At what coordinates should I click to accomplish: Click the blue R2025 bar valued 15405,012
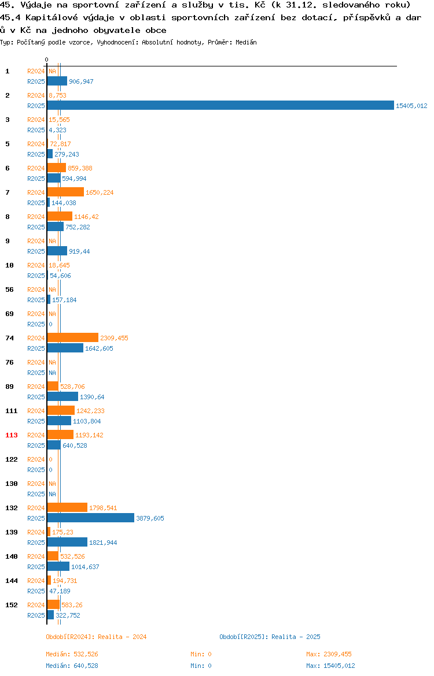point(220,106)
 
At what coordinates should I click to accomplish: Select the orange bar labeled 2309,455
point(72,337)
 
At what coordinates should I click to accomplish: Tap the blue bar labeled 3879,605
point(91,518)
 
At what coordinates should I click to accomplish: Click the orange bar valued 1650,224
point(65,192)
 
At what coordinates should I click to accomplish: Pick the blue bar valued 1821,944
point(67,542)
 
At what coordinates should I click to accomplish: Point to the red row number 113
point(11,435)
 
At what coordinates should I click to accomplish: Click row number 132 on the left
point(11,508)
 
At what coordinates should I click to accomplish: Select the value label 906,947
point(81,81)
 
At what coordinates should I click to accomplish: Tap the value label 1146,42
point(86,217)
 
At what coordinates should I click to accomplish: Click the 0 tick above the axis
point(47,60)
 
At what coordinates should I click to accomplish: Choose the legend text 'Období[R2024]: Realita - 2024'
point(96,637)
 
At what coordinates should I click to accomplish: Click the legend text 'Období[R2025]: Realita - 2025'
point(270,637)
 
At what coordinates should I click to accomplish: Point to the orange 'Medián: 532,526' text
point(72,654)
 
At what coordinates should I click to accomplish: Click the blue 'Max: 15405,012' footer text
point(331,666)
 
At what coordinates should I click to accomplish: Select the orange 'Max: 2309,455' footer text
point(329,654)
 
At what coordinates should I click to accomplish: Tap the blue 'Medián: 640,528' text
point(72,666)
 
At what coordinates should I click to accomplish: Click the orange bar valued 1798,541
point(67,507)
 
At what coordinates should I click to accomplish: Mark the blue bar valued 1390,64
point(62,396)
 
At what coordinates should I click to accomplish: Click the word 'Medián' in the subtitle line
point(246,42)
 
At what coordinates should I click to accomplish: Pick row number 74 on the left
point(9,338)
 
